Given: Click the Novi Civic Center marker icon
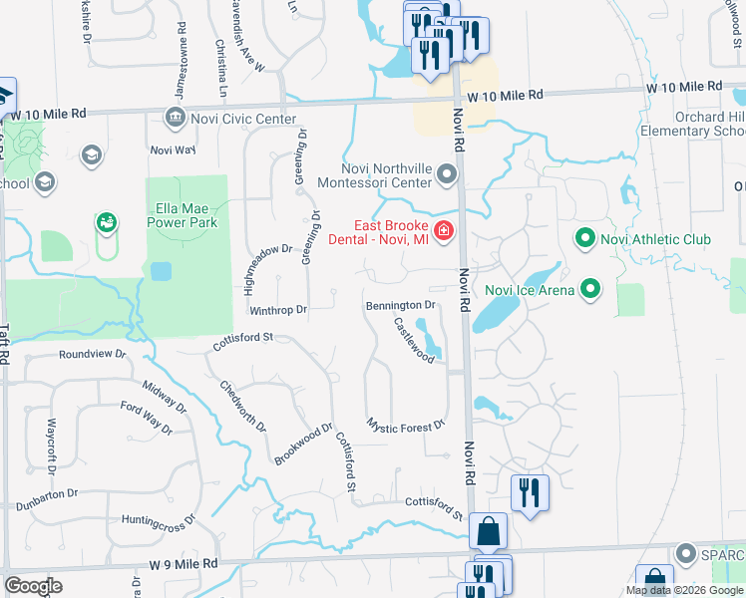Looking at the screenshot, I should click(175, 120).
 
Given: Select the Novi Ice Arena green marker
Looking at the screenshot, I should click(590, 290).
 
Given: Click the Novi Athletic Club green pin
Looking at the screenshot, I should click(584, 239).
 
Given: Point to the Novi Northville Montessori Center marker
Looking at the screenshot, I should click(446, 176).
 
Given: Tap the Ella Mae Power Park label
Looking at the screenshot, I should click(187, 216).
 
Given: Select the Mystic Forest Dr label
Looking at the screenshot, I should click(405, 426).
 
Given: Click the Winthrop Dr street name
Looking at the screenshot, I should click(278, 310).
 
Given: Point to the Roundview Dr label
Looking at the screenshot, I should click(93, 354).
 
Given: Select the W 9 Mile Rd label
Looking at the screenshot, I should click(184, 563).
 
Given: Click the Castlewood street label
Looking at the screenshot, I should click(413, 340).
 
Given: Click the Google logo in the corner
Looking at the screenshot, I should click(33, 586).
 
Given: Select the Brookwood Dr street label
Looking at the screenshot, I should click(302, 445).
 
